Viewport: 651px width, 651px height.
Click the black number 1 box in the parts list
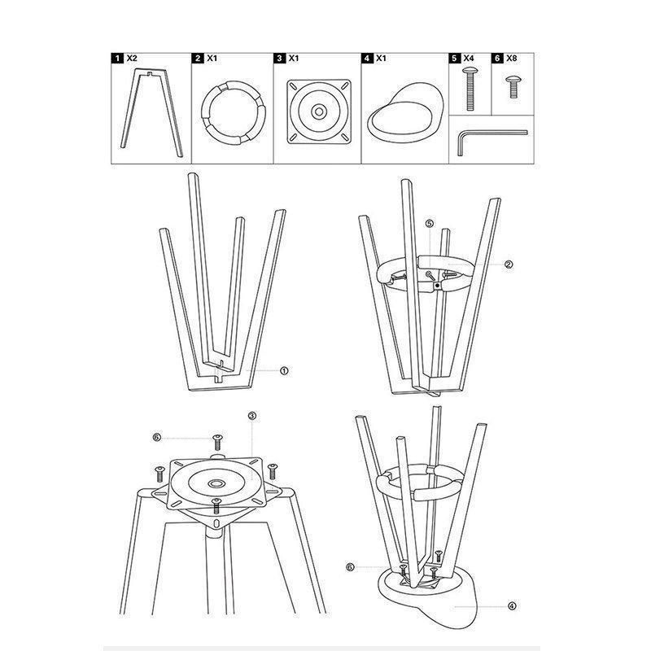click(117, 58)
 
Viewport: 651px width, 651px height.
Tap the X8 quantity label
click(512, 58)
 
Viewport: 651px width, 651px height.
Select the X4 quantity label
click(469, 58)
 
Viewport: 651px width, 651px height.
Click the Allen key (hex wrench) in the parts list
click(492, 142)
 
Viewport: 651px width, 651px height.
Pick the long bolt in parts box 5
click(470, 89)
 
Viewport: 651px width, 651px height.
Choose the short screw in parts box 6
click(513, 87)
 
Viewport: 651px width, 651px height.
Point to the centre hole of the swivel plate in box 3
click(319, 111)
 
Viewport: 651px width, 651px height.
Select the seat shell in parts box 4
click(405, 112)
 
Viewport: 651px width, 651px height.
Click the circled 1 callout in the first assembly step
click(284, 371)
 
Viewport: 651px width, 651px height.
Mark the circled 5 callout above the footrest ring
click(430, 223)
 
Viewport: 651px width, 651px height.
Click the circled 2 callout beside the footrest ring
click(509, 264)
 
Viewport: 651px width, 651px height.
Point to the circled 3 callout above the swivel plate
click(252, 416)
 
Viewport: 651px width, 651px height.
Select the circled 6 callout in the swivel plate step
click(156, 438)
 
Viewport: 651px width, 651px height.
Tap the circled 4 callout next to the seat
click(512, 606)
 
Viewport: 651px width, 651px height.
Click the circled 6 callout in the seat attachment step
click(350, 567)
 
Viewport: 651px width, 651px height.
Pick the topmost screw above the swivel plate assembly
click(217, 442)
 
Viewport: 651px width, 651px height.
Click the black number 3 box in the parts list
click(279, 58)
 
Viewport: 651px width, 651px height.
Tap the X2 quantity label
click(131, 58)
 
